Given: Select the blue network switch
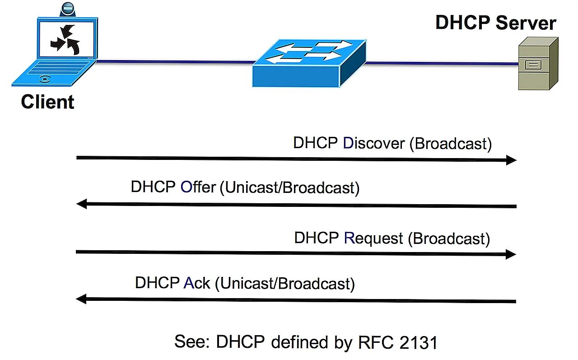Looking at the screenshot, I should pos(309,63).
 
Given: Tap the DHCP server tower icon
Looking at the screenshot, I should pos(537,63).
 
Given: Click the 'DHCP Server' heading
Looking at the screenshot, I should pos(495,23).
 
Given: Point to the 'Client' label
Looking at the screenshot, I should pos(47,102).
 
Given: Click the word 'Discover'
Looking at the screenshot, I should pos(373,143).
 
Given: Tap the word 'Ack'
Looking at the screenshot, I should pos(196,283).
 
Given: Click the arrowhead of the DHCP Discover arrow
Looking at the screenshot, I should pos(511,160).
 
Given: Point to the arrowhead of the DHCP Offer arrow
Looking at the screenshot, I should pos(82,204).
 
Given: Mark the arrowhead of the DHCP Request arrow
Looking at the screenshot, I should pos(511,254).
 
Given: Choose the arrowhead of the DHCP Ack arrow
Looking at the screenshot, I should pos(81,299).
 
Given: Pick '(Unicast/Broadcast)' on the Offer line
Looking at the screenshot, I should pos(289,187).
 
